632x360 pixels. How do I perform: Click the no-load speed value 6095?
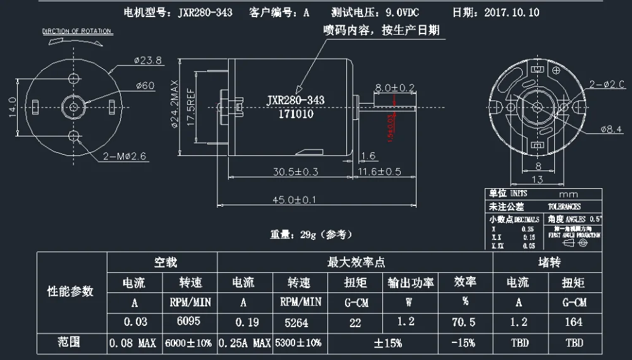coord(188,321)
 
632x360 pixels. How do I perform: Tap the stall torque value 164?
coord(574,321)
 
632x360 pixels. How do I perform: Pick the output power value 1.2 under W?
coord(406,321)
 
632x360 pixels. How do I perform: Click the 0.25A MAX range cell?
coord(244,344)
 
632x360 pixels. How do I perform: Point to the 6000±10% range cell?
coord(189,344)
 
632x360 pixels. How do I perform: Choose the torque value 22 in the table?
coord(355,321)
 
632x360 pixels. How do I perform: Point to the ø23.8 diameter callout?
coord(148,61)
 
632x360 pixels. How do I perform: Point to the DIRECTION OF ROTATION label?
coord(77,31)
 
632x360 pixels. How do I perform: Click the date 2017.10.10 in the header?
coord(513,13)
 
